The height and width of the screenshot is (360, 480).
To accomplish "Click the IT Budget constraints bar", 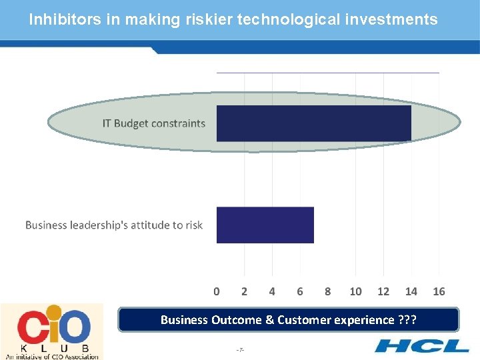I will pyautogui.click(x=313, y=123).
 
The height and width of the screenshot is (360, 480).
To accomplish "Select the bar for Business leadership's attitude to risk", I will pyautogui.click(x=265, y=225).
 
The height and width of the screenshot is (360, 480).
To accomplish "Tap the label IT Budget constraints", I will pyautogui.click(x=153, y=123).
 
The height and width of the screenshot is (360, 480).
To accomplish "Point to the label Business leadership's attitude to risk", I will pyautogui.click(x=114, y=225).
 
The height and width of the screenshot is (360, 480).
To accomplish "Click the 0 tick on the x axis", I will pyautogui.click(x=217, y=291).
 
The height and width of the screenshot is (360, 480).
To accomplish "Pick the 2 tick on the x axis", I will pyautogui.click(x=244, y=291).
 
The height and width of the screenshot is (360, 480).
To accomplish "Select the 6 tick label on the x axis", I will pyautogui.click(x=300, y=291).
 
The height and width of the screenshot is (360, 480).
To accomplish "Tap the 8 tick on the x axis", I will pyautogui.click(x=327, y=291).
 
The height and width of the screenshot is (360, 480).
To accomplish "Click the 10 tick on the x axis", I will pyautogui.click(x=355, y=291).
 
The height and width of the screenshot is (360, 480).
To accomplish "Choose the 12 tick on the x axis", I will pyautogui.click(x=383, y=291).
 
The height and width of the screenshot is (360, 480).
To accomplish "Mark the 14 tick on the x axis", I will pyautogui.click(x=411, y=291).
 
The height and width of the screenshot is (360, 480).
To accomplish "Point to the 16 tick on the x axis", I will pyautogui.click(x=439, y=291).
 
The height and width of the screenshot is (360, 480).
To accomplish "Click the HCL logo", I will pyautogui.click(x=421, y=345).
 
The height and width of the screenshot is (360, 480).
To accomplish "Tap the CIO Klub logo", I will pyautogui.click(x=52, y=331).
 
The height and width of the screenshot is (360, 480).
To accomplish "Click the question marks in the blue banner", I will pyautogui.click(x=407, y=320).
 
